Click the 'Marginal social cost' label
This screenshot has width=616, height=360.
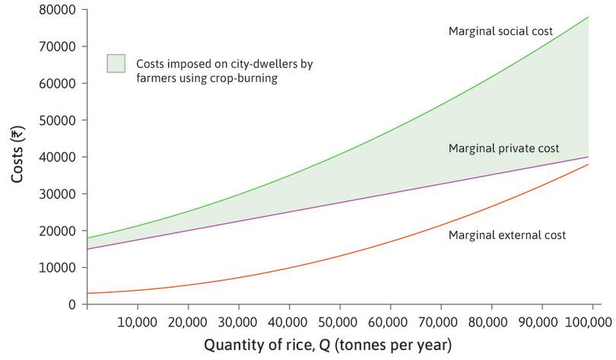click(x=500, y=31)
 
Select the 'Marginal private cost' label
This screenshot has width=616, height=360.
click(x=503, y=148)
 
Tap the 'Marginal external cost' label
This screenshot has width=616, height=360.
click(x=506, y=235)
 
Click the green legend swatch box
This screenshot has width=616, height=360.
click(x=116, y=64)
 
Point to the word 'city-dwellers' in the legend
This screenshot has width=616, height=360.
click(x=262, y=64)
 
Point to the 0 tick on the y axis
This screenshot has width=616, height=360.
click(x=72, y=304)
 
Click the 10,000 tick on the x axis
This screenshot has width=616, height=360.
click(x=137, y=322)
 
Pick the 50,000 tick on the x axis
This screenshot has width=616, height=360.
click(x=338, y=322)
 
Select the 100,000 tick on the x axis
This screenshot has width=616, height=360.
click(x=588, y=322)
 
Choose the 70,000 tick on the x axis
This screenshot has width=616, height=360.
click(x=438, y=322)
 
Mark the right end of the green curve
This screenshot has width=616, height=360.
click(x=589, y=17)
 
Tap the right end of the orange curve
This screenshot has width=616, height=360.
click(x=589, y=164)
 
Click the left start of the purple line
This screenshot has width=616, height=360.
click(x=87, y=249)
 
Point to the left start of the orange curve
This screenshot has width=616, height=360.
click(x=87, y=293)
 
